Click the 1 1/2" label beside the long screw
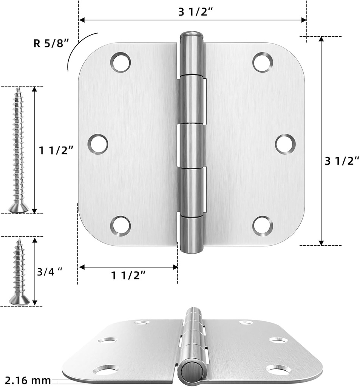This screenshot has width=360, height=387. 56,151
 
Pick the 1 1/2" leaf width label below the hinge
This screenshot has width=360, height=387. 128,276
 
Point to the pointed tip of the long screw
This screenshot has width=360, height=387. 18,89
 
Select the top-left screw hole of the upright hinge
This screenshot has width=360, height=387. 121,62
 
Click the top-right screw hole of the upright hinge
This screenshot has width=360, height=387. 263,62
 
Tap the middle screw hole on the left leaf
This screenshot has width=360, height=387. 98,144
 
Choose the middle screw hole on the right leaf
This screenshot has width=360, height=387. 285,144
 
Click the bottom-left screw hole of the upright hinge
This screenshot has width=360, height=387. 121,226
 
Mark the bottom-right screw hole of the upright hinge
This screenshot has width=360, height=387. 263,226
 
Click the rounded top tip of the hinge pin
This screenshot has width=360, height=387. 191,36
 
